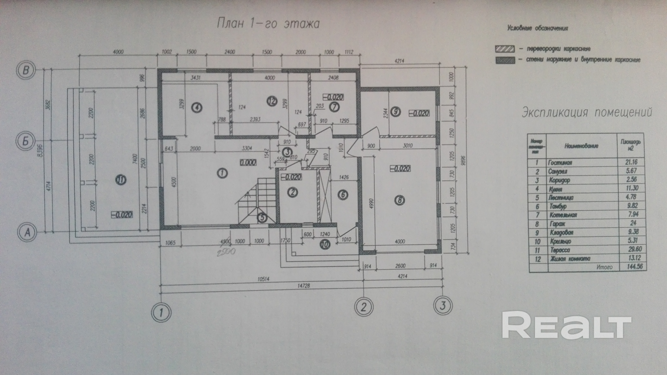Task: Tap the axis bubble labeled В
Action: click(26, 70)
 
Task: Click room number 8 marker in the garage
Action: click(400, 200)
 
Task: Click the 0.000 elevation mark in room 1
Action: click(248, 163)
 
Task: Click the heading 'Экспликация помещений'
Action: click(587, 113)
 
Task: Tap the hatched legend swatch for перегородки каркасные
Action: click(505, 49)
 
